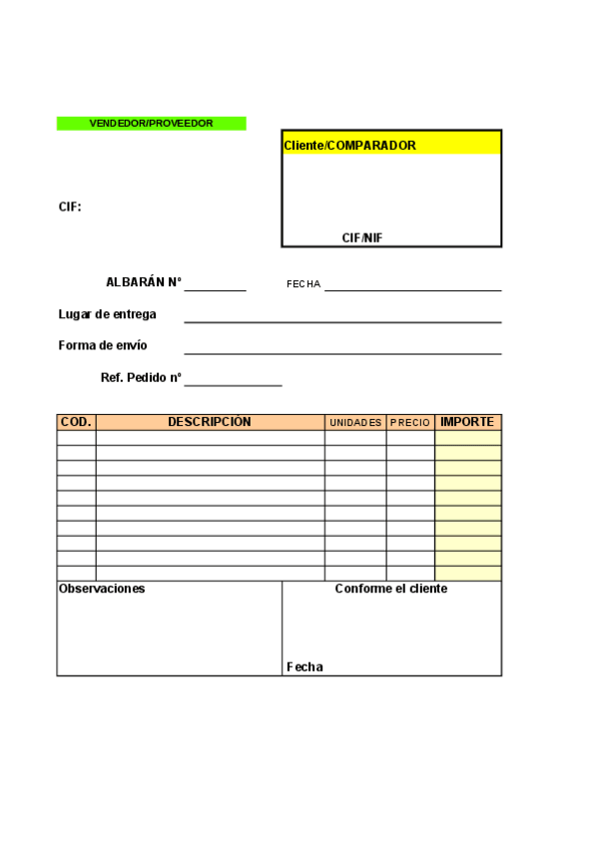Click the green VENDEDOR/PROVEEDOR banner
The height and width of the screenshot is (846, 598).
(x=151, y=123)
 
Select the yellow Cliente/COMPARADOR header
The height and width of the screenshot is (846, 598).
(x=391, y=145)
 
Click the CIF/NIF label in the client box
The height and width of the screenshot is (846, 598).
(x=362, y=237)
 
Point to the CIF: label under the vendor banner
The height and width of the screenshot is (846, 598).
(x=70, y=207)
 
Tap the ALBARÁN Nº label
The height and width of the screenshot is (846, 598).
(x=144, y=282)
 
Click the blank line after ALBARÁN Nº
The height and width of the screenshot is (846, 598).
(x=215, y=288)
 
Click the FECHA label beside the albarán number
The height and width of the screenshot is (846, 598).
(x=303, y=284)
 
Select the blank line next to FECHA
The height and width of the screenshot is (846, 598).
(x=412, y=288)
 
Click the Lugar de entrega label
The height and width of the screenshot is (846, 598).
(x=108, y=314)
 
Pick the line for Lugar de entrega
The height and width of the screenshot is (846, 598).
(x=342, y=320)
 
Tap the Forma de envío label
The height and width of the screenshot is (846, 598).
(x=103, y=345)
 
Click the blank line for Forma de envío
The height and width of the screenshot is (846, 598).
(x=342, y=352)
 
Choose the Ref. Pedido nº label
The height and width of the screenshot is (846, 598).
(x=141, y=378)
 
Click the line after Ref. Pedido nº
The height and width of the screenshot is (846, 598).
(x=233, y=384)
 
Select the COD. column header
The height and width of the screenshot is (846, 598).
(x=76, y=422)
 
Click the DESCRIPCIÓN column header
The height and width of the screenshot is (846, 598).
(x=210, y=422)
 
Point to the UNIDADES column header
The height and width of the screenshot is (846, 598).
(x=355, y=423)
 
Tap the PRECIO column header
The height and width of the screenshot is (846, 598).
(x=410, y=423)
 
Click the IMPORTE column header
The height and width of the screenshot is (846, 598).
(x=467, y=422)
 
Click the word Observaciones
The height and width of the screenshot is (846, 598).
(x=102, y=589)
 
